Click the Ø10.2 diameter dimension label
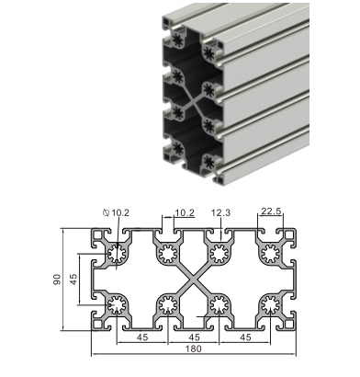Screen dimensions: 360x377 (x=117, y=212)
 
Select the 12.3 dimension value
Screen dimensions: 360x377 (x=220, y=212)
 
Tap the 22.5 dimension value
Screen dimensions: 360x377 (x=271, y=211)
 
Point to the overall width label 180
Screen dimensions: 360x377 (x=194, y=348)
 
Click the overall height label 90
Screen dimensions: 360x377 (x=58, y=280)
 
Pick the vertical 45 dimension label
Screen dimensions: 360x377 (x=73, y=280)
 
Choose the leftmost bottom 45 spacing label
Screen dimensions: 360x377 (x=142, y=337)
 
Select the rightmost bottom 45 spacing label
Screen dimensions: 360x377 (x=245, y=337)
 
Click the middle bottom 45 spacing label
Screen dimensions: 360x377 (x=194, y=337)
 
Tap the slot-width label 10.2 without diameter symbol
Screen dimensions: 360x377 (x=185, y=212)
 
